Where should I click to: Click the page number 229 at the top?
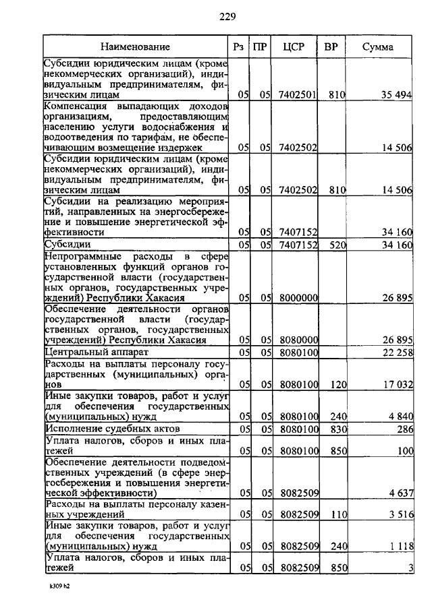[x=227, y=16]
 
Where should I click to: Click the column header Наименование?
[x=136, y=47]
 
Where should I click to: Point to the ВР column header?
[x=331, y=47]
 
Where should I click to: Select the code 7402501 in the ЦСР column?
[x=298, y=96]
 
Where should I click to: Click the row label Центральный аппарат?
[x=92, y=352]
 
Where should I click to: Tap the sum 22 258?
[x=396, y=352]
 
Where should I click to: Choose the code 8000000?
[x=298, y=297]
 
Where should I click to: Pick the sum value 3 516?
[x=400, y=514]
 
